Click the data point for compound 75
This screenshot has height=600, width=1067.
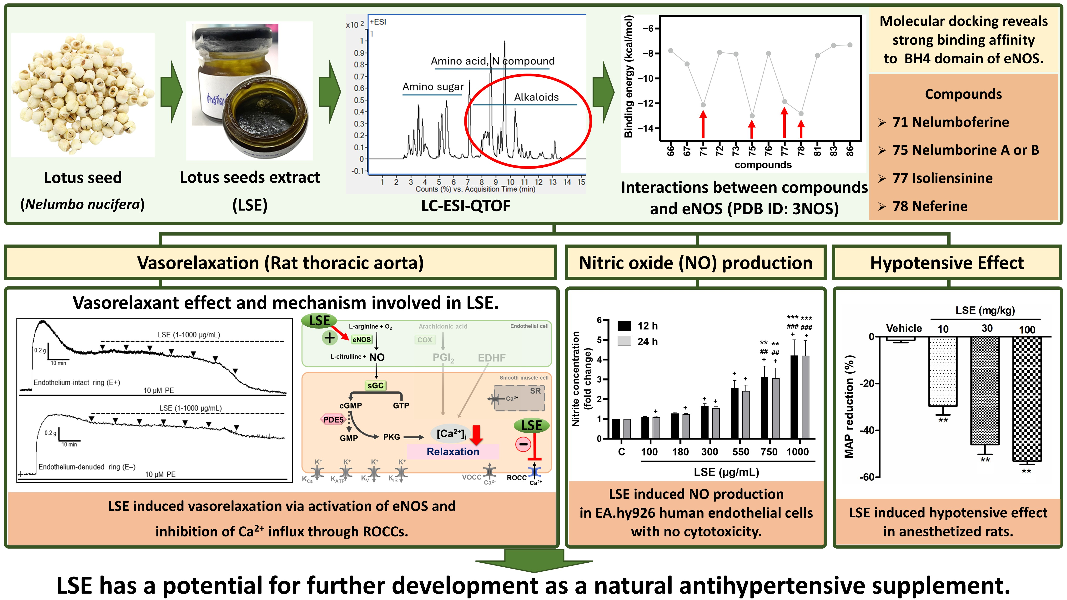coord(752,116)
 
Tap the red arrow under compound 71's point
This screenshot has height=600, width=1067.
coord(703,124)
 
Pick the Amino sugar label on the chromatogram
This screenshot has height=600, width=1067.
coord(433,86)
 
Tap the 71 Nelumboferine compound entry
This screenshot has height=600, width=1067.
coord(950,122)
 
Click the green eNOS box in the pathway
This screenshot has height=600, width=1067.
coord(361,340)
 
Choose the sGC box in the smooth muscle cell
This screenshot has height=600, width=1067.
coord(375,385)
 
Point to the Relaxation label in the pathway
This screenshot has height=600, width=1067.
coord(453,451)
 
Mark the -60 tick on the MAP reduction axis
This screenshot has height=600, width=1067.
coord(867,477)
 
